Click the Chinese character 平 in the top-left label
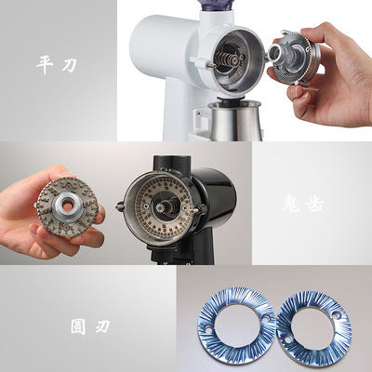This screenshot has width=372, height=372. click(x=44, y=65)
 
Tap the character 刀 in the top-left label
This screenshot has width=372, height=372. click(x=71, y=65)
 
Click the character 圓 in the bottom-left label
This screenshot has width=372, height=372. click(x=77, y=327)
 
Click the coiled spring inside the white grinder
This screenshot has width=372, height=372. click(x=222, y=57)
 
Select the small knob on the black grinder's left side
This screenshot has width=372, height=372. click(x=121, y=206)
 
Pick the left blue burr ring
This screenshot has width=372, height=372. click(x=235, y=328)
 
